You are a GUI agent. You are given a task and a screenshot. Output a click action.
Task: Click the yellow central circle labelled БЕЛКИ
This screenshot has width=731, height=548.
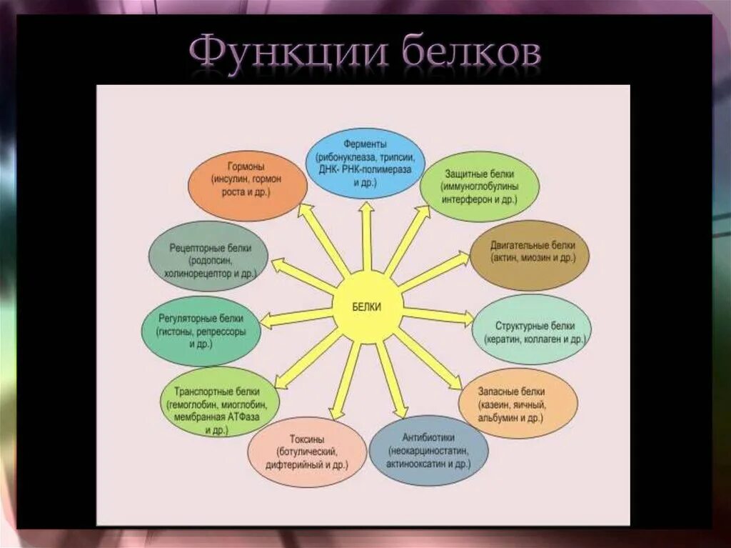(x=368, y=307)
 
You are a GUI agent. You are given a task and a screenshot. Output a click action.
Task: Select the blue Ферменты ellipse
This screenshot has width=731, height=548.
(x=365, y=163)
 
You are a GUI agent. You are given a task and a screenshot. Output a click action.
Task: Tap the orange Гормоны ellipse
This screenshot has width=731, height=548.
(x=247, y=185)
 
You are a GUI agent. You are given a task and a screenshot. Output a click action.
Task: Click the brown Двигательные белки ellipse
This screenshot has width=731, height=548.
(x=529, y=254)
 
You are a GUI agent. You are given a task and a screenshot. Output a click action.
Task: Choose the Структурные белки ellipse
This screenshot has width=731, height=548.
(x=532, y=329)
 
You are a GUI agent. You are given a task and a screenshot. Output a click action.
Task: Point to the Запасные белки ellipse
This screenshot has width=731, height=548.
(x=516, y=402)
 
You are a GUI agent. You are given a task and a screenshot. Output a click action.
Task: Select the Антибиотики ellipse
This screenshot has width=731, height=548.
(x=428, y=450)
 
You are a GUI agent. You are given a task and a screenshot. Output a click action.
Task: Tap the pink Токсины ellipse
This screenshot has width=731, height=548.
(x=307, y=452)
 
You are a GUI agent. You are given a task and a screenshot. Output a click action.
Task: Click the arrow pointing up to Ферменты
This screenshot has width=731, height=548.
(x=367, y=236)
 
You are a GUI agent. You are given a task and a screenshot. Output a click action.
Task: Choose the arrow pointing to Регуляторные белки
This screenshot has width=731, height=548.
(x=297, y=317)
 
